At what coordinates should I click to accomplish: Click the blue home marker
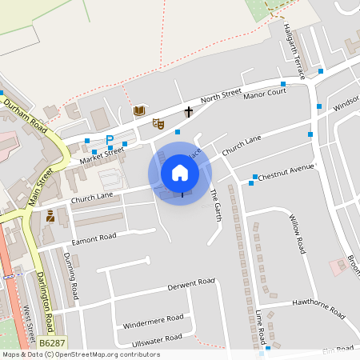(x=180, y=172)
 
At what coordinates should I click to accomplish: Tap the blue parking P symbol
(x=110, y=139)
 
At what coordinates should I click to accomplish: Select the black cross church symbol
(x=189, y=111)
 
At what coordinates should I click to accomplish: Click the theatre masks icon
(x=158, y=124)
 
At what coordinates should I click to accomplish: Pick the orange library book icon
(x=139, y=110)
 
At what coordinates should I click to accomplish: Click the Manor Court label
(x=265, y=94)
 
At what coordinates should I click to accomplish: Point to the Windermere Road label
(x=154, y=318)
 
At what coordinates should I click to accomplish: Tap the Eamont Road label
(x=94, y=237)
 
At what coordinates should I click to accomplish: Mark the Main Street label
(x=40, y=187)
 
